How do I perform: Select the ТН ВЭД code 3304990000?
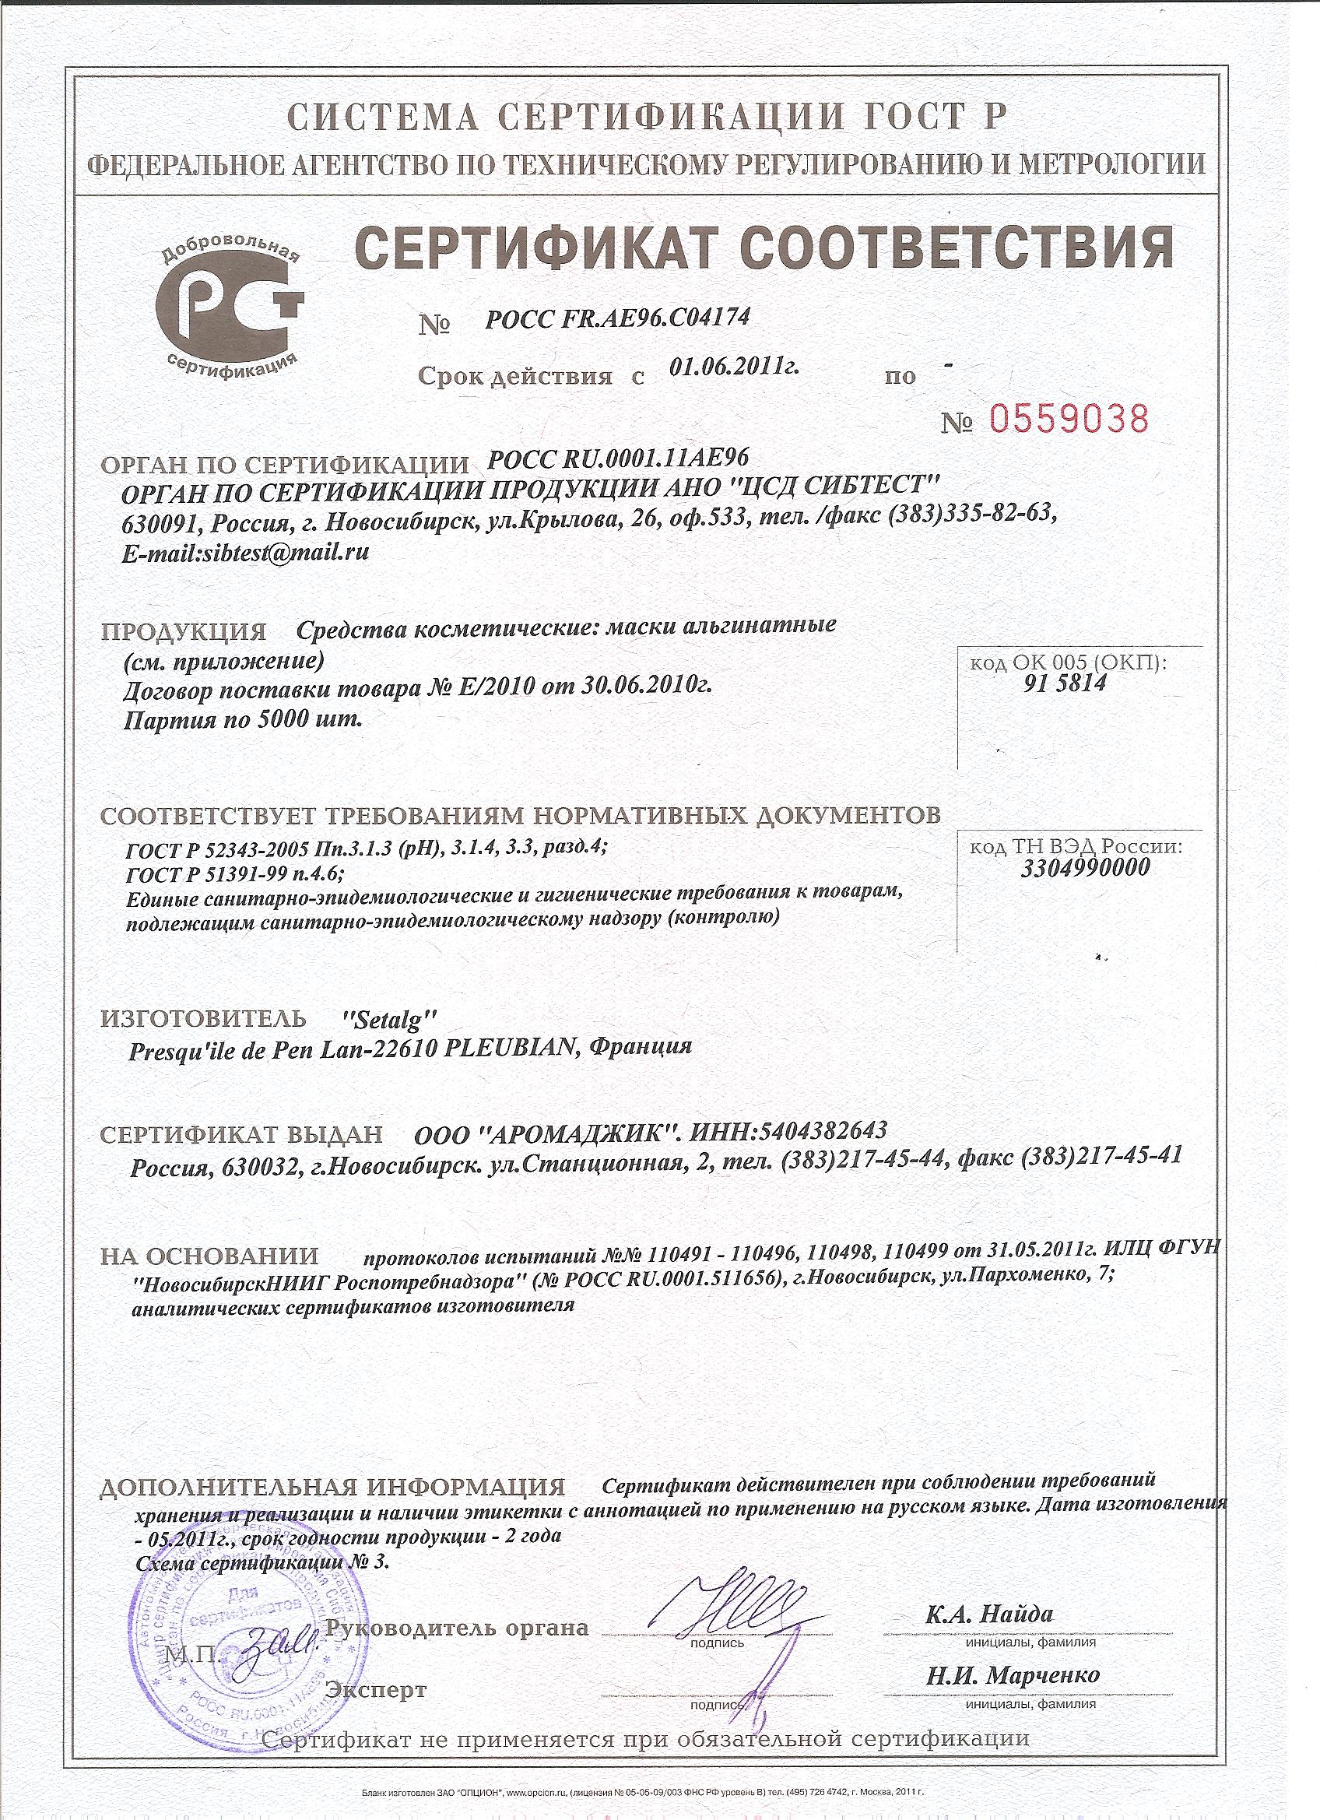[1086, 867]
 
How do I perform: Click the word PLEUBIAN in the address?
[509, 1048]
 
